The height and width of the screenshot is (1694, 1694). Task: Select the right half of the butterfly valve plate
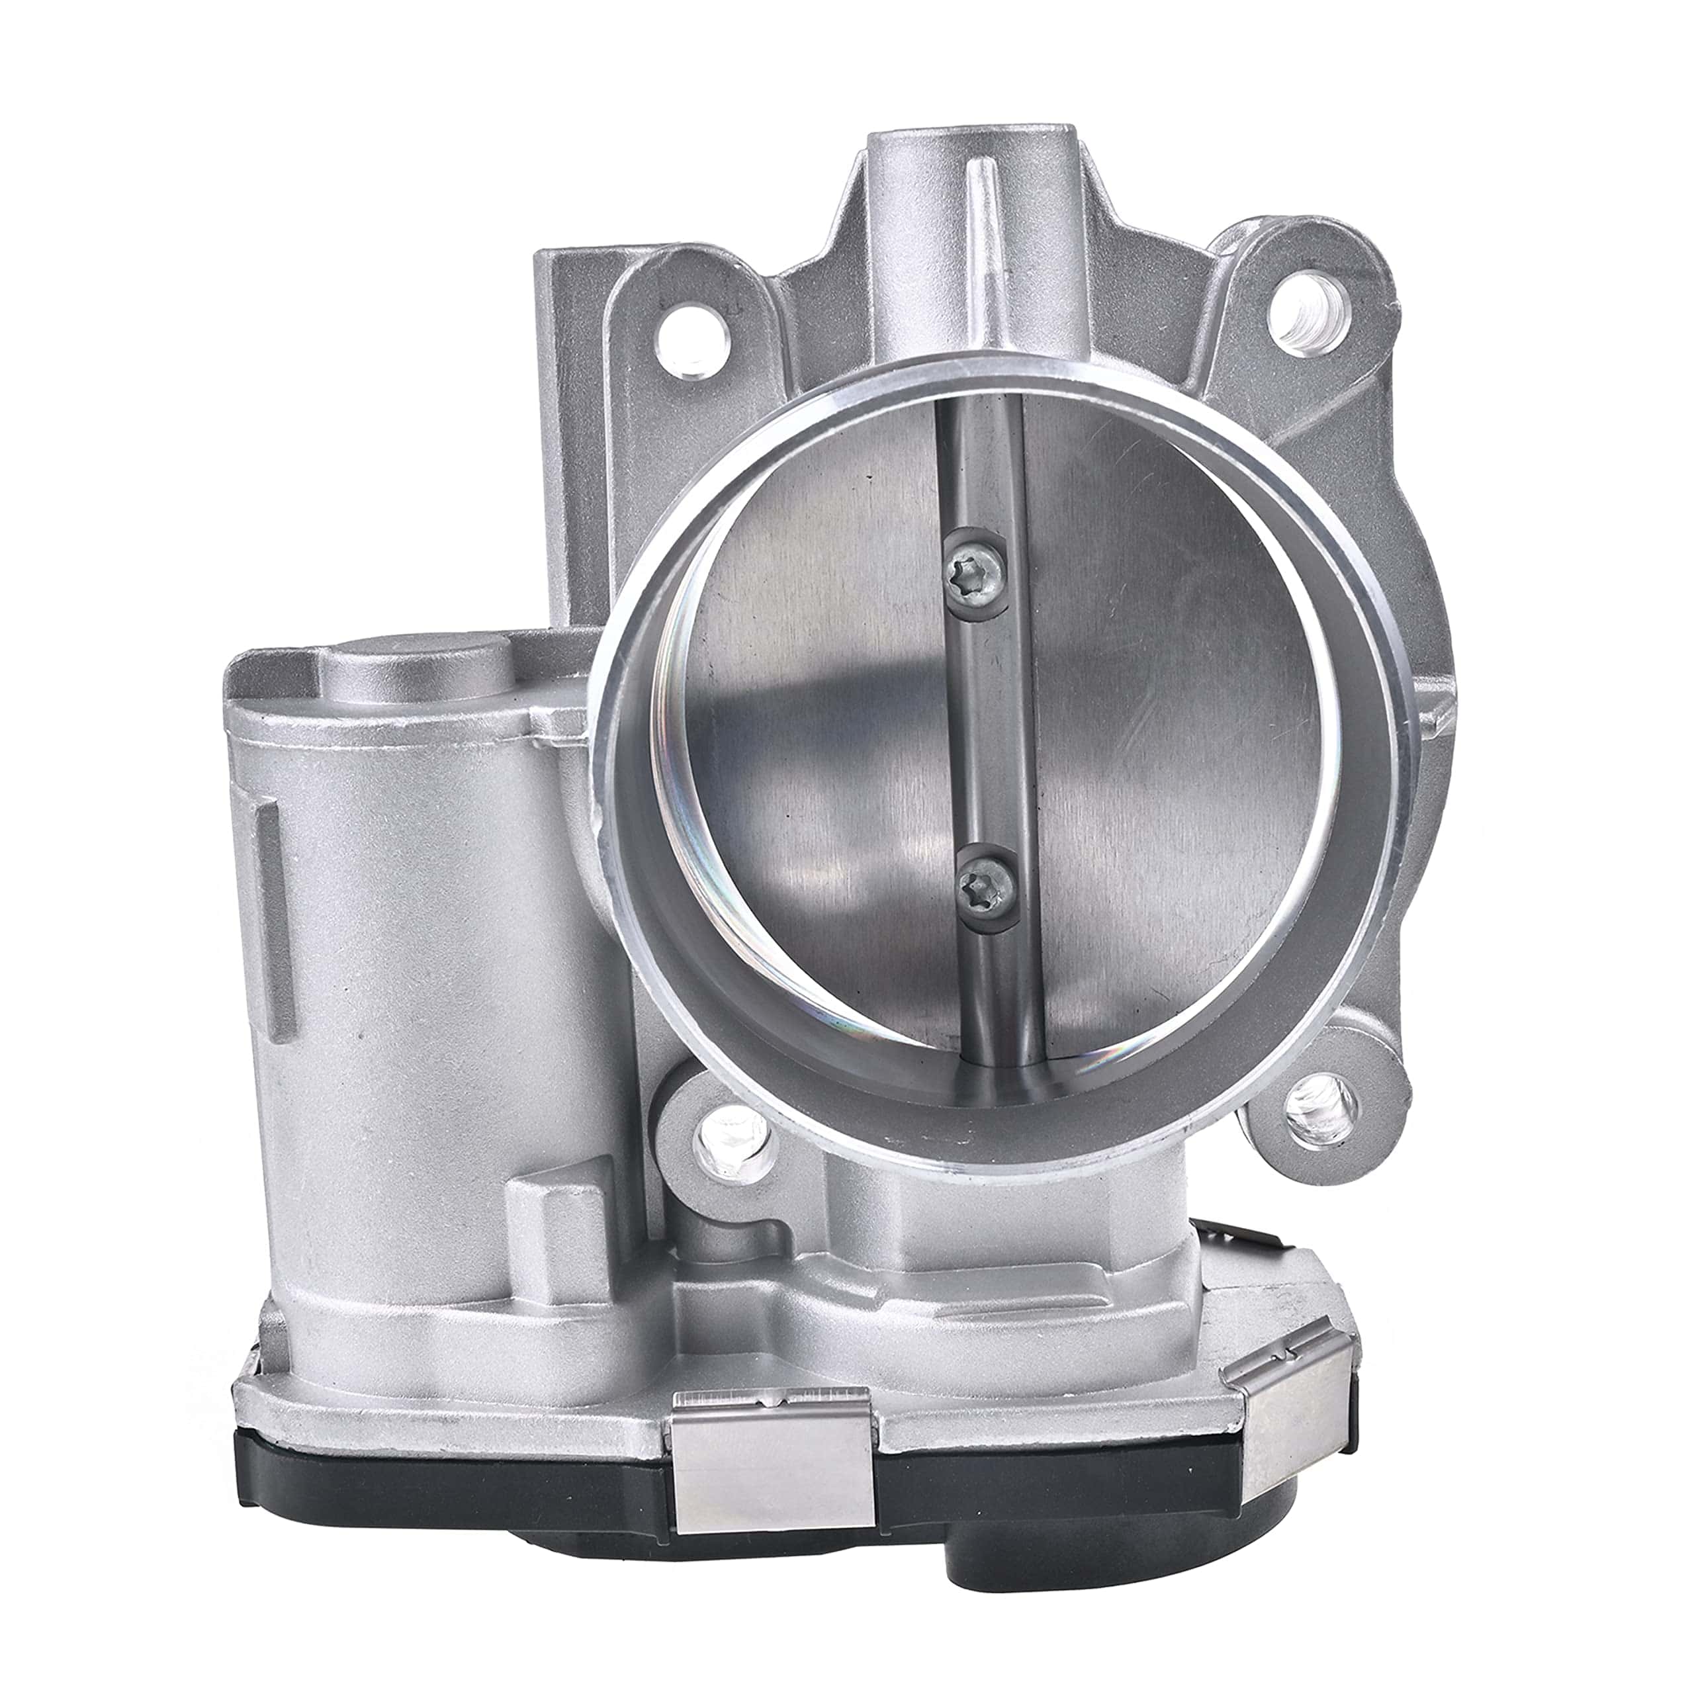click(1166, 745)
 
